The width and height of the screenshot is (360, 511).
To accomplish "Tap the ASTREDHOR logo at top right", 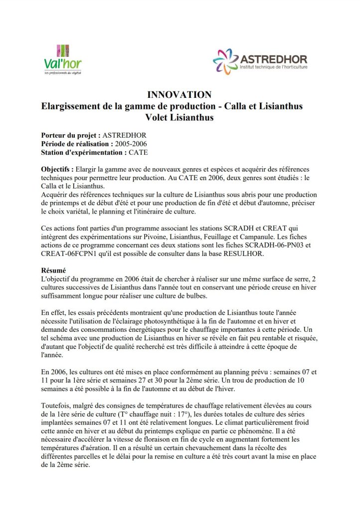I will pos(260,61).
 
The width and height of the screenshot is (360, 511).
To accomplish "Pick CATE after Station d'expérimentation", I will pos(138,152).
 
